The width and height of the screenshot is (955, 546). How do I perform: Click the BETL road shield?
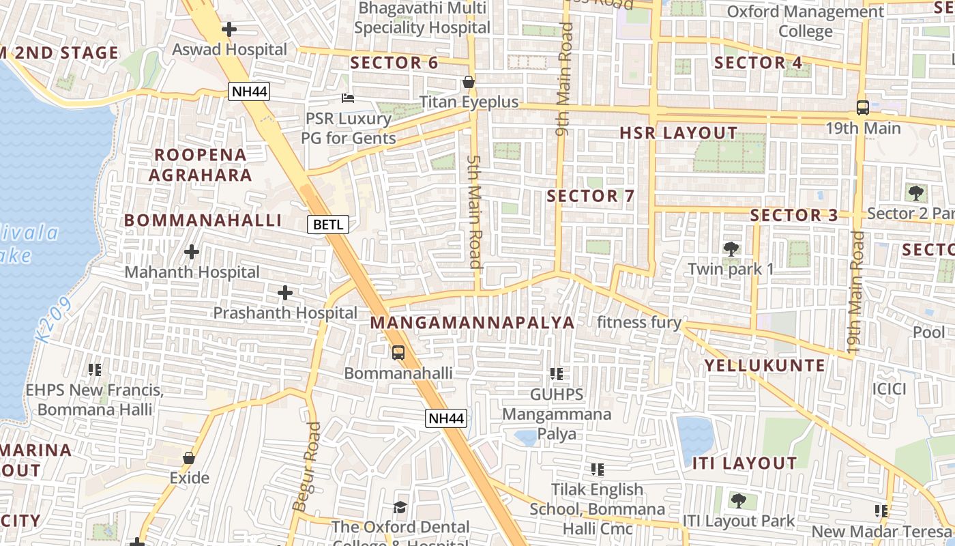tap(328, 224)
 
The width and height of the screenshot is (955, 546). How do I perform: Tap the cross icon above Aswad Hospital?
tap(229, 29)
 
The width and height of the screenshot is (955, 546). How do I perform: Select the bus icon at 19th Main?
tap(863, 108)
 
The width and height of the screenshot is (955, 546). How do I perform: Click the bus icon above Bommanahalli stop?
tap(398, 353)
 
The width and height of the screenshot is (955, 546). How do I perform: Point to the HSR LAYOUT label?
tap(679, 133)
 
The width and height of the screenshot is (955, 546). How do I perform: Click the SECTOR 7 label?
tap(591, 197)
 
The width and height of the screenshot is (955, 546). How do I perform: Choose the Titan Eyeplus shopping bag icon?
tap(469, 83)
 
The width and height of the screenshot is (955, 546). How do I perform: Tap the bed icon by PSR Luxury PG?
tap(348, 98)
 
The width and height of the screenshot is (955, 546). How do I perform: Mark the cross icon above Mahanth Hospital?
tap(192, 252)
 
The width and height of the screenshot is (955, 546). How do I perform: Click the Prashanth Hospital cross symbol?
tap(285, 293)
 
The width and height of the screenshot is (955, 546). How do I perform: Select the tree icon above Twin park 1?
tap(731, 248)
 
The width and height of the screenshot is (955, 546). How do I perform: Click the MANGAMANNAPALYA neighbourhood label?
tap(473, 323)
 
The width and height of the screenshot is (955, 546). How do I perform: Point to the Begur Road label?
tap(305, 467)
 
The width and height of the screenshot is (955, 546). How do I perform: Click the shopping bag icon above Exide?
tap(189, 458)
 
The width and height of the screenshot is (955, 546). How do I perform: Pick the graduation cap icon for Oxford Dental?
tap(400, 507)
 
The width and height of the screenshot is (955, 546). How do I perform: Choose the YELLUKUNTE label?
tap(765, 366)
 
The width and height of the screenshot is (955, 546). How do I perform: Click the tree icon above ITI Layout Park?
tap(738, 501)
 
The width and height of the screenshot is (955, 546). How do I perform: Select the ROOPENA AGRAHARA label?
tap(201, 165)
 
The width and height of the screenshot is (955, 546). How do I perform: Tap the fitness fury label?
tap(639, 323)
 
